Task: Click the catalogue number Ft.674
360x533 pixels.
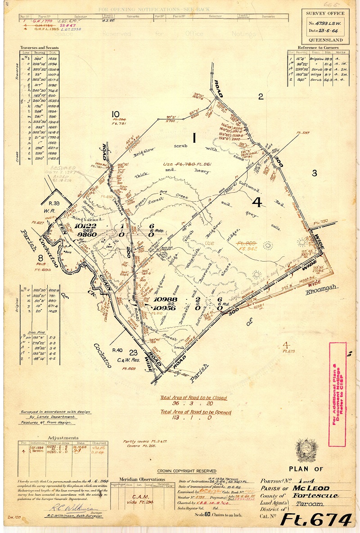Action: [316, 520]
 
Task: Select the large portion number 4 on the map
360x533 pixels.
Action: [257, 202]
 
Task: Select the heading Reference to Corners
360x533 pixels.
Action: [317, 47]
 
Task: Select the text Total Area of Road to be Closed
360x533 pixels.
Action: [194, 398]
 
